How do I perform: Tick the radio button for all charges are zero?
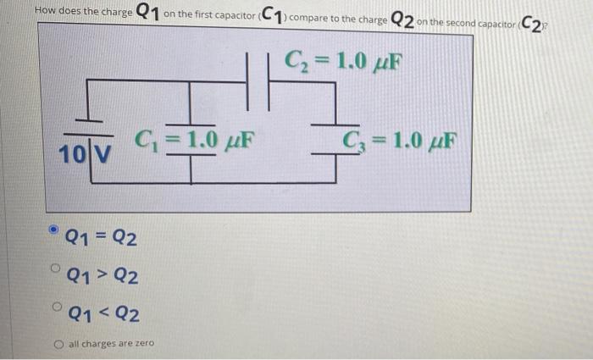(x=57, y=344)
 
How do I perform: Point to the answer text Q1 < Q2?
(x=103, y=315)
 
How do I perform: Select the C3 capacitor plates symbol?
(x=336, y=145)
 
